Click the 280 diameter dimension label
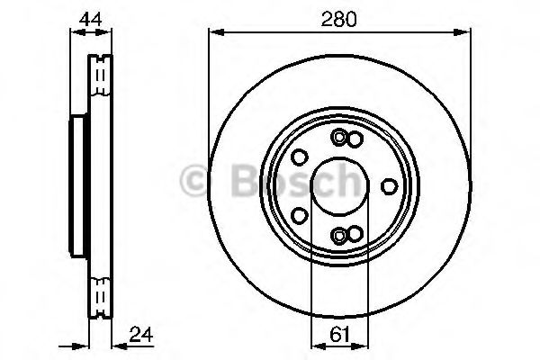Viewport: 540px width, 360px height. (x=339, y=16)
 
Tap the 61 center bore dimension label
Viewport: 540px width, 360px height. (x=339, y=335)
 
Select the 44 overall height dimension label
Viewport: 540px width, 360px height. (x=90, y=16)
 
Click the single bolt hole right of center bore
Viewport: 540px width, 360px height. (x=389, y=186)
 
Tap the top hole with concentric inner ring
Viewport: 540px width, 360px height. (x=338, y=138)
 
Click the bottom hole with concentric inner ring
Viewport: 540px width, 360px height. (x=338, y=235)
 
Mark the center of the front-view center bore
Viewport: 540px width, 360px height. (x=339, y=186)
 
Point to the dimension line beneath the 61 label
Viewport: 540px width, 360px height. (x=339, y=346)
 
